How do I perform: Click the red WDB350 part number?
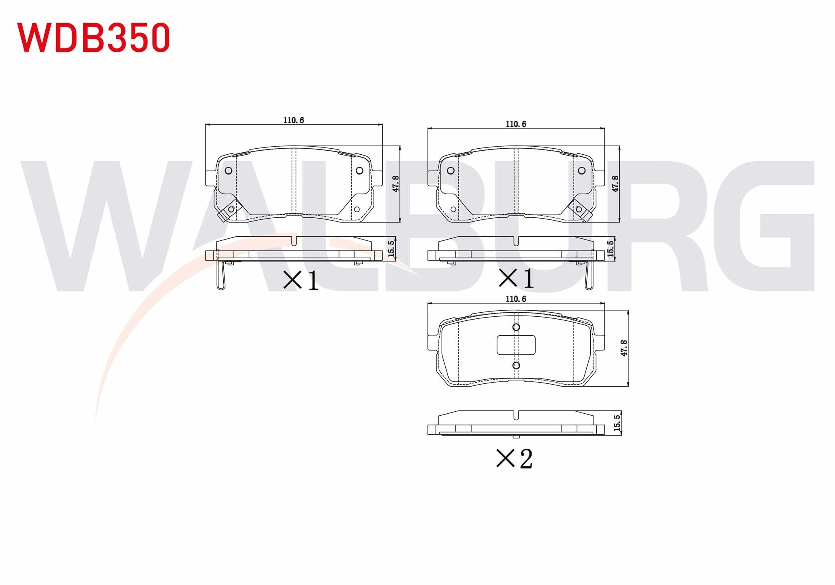click(93, 38)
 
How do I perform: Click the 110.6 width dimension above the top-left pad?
click(294, 120)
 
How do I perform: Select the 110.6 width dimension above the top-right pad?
click(516, 124)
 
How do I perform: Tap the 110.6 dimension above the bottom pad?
click(516, 299)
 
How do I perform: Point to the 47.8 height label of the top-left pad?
click(396, 183)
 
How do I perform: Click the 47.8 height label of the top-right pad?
click(615, 183)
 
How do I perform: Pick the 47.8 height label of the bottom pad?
click(624, 348)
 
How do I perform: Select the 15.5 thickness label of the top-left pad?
click(390, 248)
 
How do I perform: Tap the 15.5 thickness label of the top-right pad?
click(610, 248)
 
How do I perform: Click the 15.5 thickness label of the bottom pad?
click(617, 423)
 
